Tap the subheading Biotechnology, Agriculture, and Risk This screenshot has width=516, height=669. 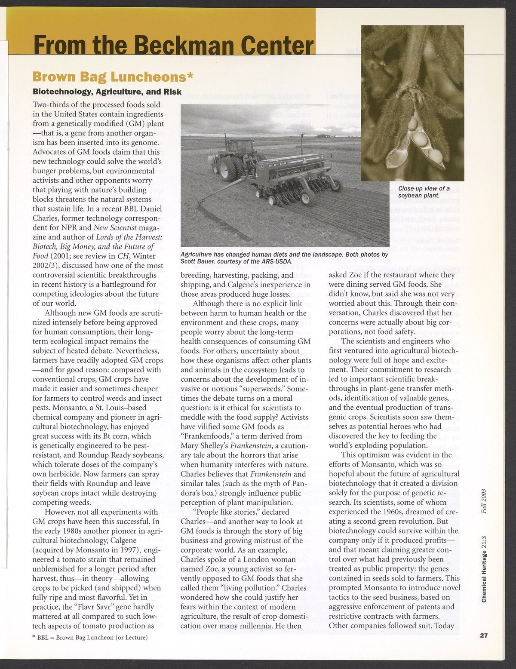(x=107, y=92)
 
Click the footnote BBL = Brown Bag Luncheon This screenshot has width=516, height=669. (x=90, y=637)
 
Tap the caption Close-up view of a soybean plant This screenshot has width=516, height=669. (x=424, y=192)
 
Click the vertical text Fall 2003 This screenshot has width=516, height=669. (x=484, y=500)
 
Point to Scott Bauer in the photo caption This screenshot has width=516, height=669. (x=199, y=261)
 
